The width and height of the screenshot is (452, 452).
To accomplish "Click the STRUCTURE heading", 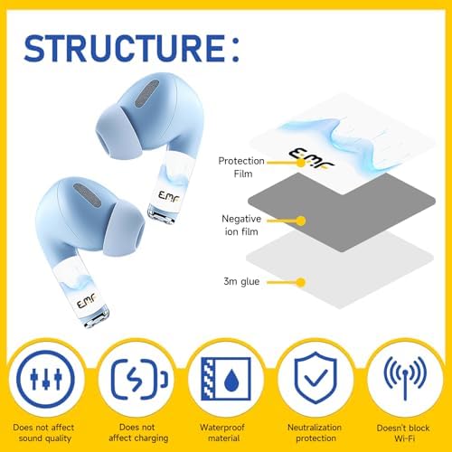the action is coord(132,48).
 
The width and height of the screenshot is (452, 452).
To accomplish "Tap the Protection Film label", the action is coord(241,167).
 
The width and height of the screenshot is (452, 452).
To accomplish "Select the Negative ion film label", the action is coord(241,225).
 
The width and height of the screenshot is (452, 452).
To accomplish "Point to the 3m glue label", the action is coord(241,281).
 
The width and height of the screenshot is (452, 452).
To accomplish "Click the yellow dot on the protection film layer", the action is coord(301,163).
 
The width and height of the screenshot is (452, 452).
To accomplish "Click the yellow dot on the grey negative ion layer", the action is coord(301,221).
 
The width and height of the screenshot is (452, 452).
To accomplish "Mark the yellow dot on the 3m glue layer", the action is coord(301,282).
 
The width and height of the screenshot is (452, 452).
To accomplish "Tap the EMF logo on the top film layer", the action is coord(311,158).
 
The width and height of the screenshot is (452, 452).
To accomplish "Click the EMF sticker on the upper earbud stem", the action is coord(169,196).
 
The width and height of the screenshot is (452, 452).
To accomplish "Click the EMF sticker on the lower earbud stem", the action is coord(86,300).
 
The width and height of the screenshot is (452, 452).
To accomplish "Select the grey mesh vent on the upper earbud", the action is coord(146,93).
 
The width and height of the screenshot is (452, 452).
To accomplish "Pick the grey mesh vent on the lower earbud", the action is coord(87,195).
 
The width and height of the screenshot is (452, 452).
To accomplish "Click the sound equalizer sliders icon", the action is coord(45,379).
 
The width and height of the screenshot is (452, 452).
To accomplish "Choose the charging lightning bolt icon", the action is coord(139,379).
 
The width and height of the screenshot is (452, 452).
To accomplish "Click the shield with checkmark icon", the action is coord(315,378).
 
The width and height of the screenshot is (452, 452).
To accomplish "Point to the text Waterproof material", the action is coord(222,433).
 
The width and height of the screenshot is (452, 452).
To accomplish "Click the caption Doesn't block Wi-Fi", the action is coord(403,433).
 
